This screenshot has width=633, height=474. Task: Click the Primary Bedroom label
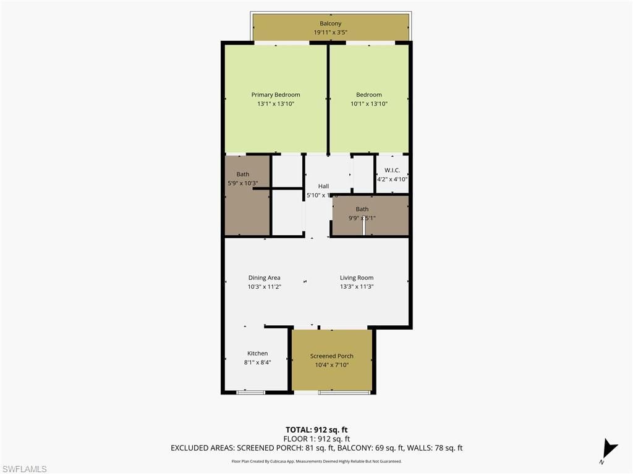[276, 95]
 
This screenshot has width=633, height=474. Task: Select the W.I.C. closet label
[392, 170]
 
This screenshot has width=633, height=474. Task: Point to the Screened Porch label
[332, 356]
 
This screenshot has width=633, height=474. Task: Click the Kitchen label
[257, 354]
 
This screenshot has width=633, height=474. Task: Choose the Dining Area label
[265, 278]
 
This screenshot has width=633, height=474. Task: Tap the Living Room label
[357, 278]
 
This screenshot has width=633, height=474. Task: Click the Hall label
[323, 186]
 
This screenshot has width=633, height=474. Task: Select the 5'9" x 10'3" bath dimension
[243, 183]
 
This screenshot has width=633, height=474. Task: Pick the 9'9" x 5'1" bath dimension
[362, 218]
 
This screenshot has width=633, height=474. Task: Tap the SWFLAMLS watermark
[24, 469]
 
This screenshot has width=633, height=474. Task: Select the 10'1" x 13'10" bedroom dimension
[369, 104]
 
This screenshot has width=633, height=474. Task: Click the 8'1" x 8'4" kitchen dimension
[257, 362]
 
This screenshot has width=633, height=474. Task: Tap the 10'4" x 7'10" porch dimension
[332, 365]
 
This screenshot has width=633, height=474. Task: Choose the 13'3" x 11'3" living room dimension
[357, 286]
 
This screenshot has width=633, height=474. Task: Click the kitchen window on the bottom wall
[251, 392]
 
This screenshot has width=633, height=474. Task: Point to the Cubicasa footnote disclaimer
[316, 461]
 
